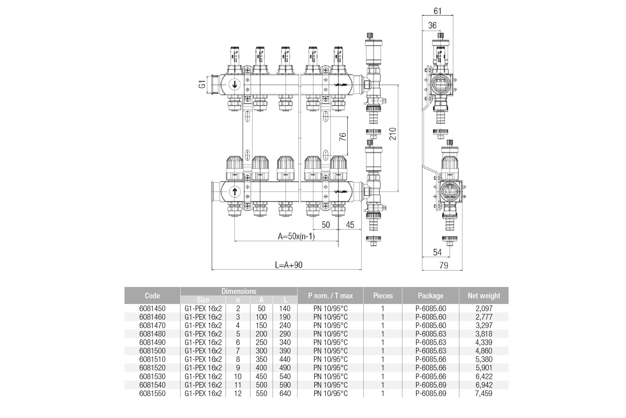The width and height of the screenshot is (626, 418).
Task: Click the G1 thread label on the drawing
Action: pos(203,84)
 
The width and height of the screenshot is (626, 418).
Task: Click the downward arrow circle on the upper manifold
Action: pos(234,85)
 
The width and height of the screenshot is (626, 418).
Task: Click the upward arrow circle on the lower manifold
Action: pos(234,191)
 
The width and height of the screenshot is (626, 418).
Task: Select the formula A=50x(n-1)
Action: pos(296,236)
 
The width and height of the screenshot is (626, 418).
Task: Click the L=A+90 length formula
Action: pos(289,265)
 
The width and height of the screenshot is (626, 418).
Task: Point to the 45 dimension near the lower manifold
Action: pos(350,225)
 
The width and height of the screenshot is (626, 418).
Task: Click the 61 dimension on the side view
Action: pos(438,11)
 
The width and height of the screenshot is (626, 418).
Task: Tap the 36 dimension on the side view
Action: pos(432,25)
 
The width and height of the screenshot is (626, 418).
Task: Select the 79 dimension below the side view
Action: pos(444,265)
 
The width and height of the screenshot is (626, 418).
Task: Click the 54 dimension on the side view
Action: pos(437,252)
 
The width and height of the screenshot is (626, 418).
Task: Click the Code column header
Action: pos(152,295)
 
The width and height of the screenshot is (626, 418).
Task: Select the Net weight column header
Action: pos(484,295)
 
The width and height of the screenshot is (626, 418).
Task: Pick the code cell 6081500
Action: pos(152,351)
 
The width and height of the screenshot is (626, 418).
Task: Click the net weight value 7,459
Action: pos(484,393)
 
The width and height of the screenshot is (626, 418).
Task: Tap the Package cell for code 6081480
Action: pos(431,334)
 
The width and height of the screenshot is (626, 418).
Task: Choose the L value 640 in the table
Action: pos(285,393)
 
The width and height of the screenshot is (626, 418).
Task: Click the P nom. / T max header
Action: pos(330,295)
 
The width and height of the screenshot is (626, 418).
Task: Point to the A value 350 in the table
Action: pos(261,359)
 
